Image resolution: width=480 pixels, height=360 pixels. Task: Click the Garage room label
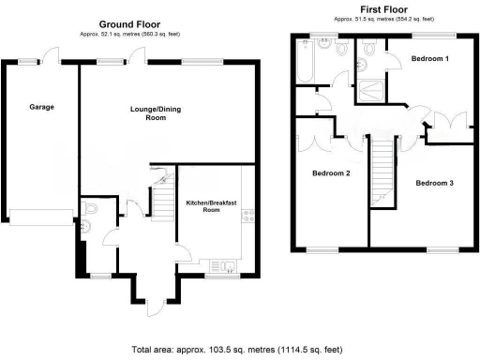coord(41,107)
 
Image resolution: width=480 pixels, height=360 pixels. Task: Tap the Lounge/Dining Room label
coord(155,113)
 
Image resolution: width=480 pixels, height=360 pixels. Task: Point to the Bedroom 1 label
coord(429,59)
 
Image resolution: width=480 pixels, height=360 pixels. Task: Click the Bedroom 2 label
coord(331,173)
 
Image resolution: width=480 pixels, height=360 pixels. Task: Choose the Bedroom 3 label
coord(434,182)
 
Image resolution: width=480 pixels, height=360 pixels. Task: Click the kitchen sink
coord(221,264)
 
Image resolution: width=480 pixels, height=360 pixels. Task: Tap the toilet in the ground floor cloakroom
coord(87,215)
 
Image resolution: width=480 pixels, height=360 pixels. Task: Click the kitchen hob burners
coord(248,219)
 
